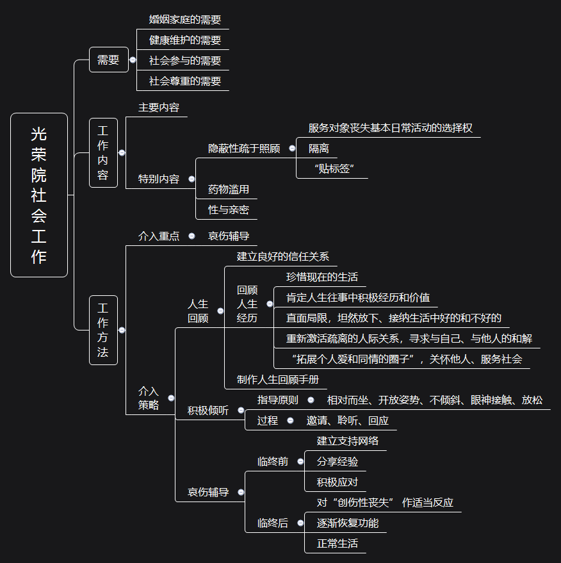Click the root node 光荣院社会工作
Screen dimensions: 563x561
pyautogui.click(x=39, y=195)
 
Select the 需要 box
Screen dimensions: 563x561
pyautogui.click(x=108, y=60)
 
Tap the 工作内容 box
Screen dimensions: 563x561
pyautogui.click(x=103, y=152)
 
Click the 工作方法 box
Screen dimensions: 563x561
pyautogui.click(x=103, y=330)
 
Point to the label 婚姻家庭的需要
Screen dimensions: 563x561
pyautogui.click(x=185, y=20)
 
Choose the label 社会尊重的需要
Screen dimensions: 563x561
pyautogui.click(x=185, y=81)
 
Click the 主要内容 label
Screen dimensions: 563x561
pyautogui.click(x=159, y=108)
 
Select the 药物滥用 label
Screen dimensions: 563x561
pyautogui.click(x=229, y=190)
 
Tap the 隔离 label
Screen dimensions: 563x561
pyautogui.click(x=319, y=149)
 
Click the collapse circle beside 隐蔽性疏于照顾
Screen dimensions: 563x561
pyautogui.click(x=292, y=149)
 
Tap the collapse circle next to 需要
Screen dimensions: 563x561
pyautogui.click(x=133, y=60)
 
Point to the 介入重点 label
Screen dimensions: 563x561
pyautogui.click(x=159, y=236)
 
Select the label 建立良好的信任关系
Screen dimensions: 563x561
pyautogui.click(x=283, y=257)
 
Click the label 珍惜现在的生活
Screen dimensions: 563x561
pyautogui.click(x=322, y=277)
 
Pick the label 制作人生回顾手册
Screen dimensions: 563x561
pyautogui.click(x=278, y=379)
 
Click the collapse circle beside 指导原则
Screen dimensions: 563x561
pyautogui.click(x=311, y=400)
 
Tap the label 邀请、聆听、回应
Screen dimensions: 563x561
pyautogui.click(x=348, y=421)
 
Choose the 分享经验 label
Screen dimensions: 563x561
pyautogui.click(x=337, y=461)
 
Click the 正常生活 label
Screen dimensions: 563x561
pyautogui.click(x=337, y=544)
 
